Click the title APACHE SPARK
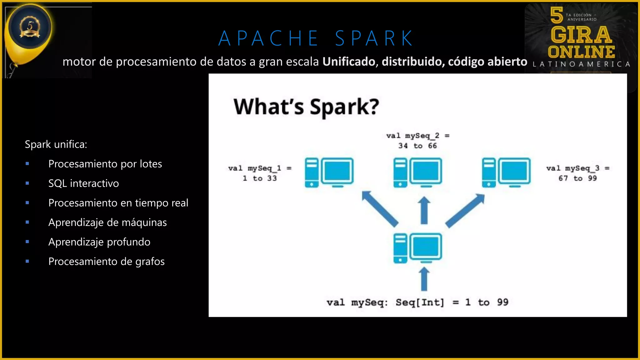point(316,39)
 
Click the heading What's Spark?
point(306,107)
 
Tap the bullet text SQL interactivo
point(83,183)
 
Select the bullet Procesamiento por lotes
point(105,164)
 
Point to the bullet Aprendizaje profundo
point(99,242)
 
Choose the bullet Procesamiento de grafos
point(106,262)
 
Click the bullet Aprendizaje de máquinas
point(107,222)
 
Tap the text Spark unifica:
point(56,144)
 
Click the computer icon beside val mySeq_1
point(329,172)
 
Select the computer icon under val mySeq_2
point(417,172)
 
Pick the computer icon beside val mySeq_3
point(506,172)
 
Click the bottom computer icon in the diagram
point(417,248)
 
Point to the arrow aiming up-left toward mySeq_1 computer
point(380,208)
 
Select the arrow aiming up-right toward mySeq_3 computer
point(465,211)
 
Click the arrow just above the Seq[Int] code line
point(424,279)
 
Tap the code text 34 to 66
point(417,146)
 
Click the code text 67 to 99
point(577,178)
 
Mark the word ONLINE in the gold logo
point(581,52)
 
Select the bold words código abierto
point(487,62)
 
